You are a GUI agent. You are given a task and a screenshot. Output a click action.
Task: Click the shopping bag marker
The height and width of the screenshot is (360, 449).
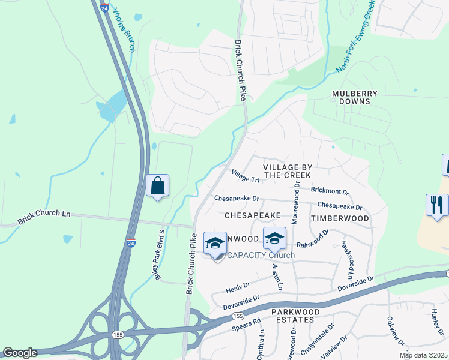click(157, 185)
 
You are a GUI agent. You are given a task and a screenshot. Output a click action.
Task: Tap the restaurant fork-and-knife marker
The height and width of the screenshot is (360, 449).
click(436, 205)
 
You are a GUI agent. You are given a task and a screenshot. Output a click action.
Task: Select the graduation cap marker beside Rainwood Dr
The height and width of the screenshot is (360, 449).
click(274, 239)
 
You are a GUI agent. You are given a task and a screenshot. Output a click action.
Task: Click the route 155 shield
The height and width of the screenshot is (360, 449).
click(238, 315)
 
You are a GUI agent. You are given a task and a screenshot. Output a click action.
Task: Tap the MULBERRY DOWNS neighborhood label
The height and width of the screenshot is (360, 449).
click(355, 98)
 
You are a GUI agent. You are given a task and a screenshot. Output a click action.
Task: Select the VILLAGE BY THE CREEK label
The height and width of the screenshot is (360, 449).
click(288, 170)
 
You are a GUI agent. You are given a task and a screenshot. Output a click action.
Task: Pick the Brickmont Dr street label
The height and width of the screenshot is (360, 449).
click(330, 190)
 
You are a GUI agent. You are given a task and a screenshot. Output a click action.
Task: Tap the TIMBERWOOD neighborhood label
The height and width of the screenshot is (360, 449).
click(340, 218)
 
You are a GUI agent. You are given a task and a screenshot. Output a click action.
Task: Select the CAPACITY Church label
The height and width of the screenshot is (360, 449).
click(261, 256)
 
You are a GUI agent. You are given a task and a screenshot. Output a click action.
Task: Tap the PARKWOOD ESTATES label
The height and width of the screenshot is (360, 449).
click(292, 316)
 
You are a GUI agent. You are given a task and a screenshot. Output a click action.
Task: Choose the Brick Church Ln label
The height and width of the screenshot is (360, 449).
click(44, 217)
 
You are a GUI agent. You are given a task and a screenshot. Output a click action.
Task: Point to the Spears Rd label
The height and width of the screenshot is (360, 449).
click(246, 326)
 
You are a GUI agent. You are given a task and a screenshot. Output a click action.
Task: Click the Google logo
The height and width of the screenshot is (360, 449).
click(19, 353)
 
